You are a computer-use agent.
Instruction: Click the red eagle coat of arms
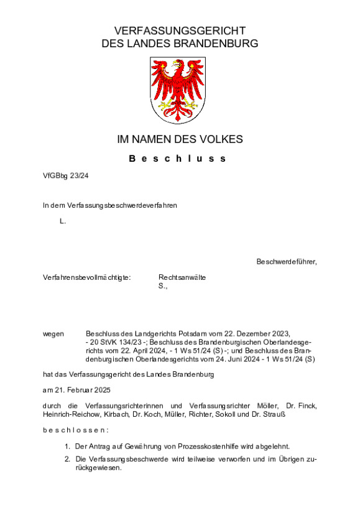pos(177,90)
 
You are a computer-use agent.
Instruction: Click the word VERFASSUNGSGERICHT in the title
pos(180,30)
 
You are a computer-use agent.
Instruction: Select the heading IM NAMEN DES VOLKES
pos(180,139)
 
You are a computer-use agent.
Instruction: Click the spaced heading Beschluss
pos(180,159)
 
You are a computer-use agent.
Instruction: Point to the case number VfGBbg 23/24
pos(66,176)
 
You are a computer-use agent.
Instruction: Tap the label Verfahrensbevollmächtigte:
pos(86,277)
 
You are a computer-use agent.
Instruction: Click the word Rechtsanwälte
pos(182,277)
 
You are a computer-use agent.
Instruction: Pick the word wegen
pos(53,334)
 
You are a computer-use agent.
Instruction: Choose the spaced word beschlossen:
pos(75,430)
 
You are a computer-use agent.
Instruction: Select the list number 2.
pos(67,460)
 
